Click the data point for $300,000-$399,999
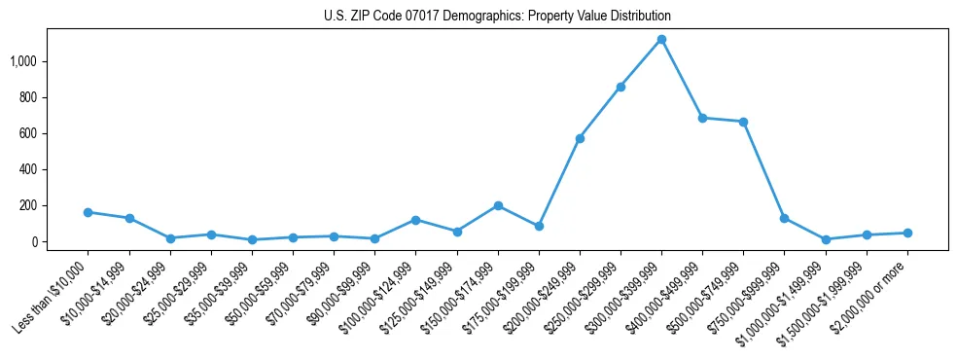point(661,39)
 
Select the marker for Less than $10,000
point(88,212)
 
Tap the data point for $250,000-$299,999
point(620,87)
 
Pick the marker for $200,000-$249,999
point(580,138)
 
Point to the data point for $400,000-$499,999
point(702,118)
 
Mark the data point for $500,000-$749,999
point(743,122)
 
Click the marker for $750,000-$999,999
point(784,218)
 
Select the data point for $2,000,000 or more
point(907,233)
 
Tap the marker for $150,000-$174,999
point(498,205)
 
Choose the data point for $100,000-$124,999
point(415,220)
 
